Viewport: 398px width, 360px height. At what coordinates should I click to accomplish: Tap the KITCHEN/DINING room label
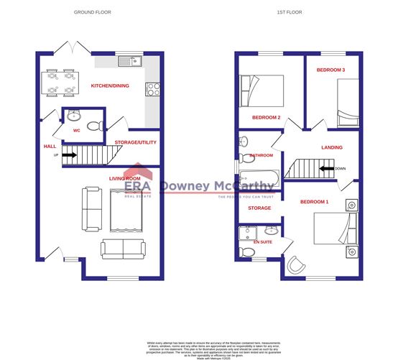[109, 86]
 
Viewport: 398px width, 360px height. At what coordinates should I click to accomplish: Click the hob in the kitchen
[152, 90]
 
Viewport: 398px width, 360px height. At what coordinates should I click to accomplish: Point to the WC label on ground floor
[76, 131]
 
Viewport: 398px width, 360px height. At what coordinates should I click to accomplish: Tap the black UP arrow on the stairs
[69, 154]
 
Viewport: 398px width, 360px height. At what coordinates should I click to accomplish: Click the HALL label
[50, 146]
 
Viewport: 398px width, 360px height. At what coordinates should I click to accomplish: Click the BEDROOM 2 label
[265, 117]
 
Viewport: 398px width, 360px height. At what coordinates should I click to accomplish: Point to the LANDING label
[332, 147]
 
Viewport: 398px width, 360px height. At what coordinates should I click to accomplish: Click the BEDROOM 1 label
[314, 202]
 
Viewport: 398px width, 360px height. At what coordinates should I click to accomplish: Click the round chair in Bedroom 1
[295, 265]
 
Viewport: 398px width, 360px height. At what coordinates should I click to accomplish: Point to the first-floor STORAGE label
[259, 208]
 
